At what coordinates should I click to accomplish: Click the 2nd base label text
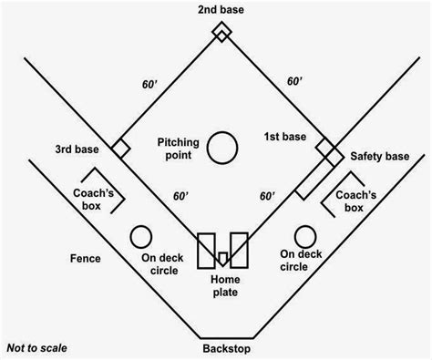pos(220,11)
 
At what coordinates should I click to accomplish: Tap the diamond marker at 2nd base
pos(221,32)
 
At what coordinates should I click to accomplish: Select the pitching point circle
pos(221,144)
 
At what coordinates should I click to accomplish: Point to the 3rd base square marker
pos(119,147)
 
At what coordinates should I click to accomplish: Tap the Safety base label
pos(378,157)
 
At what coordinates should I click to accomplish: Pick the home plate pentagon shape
pos(221,258)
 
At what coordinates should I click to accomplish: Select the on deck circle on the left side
pos(139,237)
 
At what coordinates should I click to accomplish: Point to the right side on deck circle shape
pos(302,235)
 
